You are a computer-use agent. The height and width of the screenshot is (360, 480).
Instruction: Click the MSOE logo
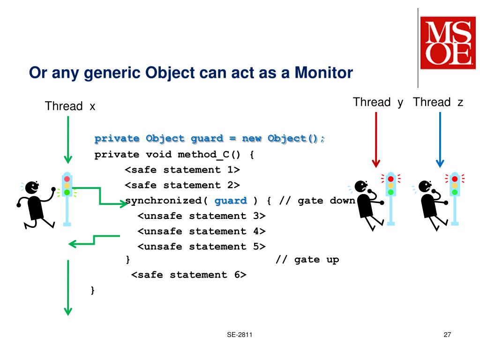[448, 43]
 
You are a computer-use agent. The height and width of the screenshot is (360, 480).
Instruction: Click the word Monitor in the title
[323, 73]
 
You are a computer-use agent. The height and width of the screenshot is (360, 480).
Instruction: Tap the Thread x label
[70, 106]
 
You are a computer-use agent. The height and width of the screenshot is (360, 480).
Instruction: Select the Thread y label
[378, 102]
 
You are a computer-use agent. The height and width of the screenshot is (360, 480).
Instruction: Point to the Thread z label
[438, 102]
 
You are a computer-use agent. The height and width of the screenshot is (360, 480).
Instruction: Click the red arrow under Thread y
[376, 140]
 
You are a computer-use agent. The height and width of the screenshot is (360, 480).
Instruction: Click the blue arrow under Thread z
[440, 140]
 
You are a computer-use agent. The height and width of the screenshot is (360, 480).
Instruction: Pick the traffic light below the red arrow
[390, 199]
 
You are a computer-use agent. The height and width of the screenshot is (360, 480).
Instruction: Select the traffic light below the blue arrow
[455, 199]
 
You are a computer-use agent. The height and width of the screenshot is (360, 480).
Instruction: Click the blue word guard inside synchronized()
[231, 201]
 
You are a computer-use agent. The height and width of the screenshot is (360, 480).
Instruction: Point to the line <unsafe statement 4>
[202, 231]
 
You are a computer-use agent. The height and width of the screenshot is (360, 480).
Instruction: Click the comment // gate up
[307, 260]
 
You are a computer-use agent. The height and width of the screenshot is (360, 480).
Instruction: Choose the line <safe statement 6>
[188, 275]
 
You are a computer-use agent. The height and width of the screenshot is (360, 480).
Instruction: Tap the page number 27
[447, 335]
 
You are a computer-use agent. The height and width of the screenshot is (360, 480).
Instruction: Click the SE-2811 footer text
[240, 335]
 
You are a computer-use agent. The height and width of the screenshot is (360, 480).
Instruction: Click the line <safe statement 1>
[182, 170]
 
